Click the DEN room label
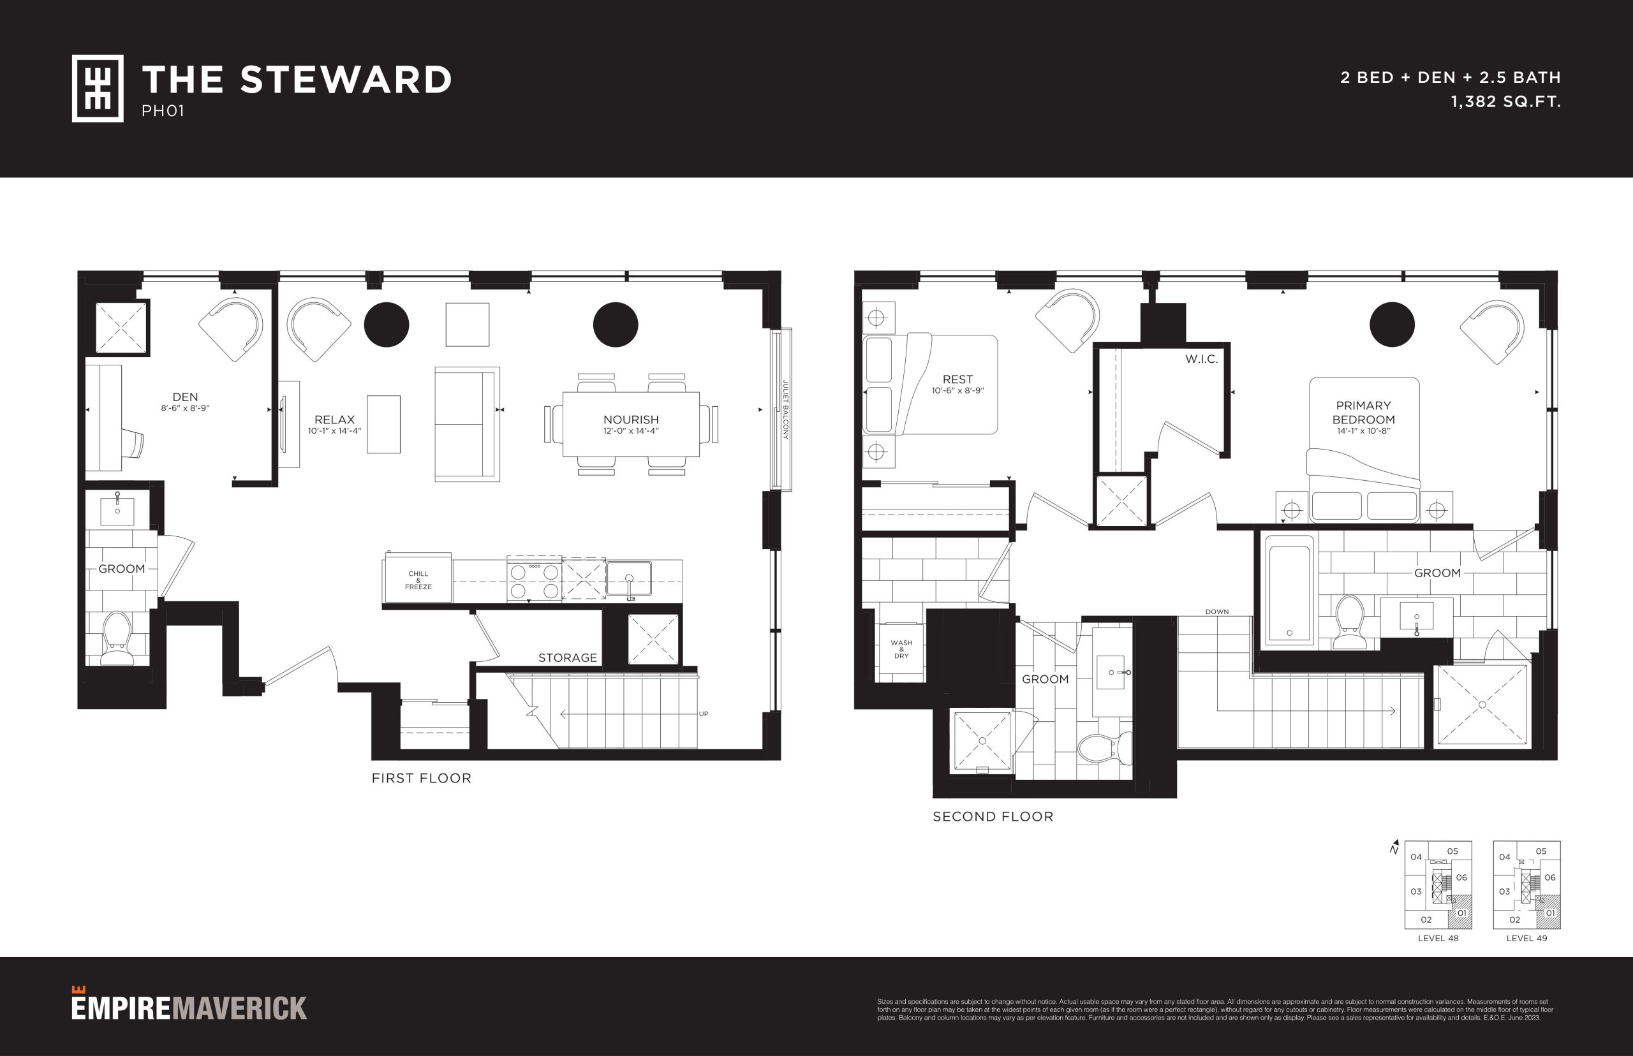point(185,397)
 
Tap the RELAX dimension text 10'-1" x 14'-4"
point(335,431)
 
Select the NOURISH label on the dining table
point(631,420)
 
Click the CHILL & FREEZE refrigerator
point(418,579)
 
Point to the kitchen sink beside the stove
point(629,580)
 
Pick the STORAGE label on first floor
point(567,657)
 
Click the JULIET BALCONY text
point(786,410)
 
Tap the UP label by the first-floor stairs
point(703,714)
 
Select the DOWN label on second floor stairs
point(1216,612)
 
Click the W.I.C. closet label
point(1201,359)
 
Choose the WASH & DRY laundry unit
point(901,649)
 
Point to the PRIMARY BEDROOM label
point(1363,413)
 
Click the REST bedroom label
point(957,379)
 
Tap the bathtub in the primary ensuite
point(1289,590)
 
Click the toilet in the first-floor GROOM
point(117,638)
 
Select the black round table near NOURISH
point(615,325)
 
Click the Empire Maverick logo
point(189,1004)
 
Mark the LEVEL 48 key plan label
point(1438,938)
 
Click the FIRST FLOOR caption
point(421,778)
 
